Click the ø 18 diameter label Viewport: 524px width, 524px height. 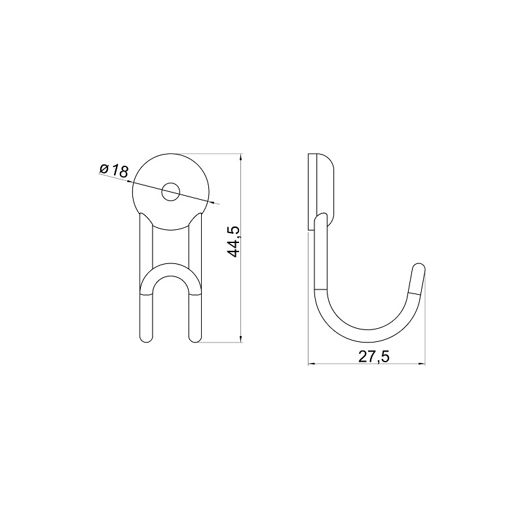click(114, 170)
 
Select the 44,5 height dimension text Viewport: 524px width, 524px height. click(233, 242)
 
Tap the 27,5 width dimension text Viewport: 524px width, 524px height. click(374, 356)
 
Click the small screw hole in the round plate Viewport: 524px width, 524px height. click(171, 192)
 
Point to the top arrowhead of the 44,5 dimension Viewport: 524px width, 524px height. click(241, 157)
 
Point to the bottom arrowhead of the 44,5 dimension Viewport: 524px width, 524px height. click(241, 338)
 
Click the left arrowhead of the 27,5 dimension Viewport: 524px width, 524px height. click(312, 364)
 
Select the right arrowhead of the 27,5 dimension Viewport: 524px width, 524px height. click(421, 364)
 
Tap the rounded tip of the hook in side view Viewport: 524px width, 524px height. click(420, 267)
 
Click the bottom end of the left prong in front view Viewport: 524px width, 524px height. click(146, 338)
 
